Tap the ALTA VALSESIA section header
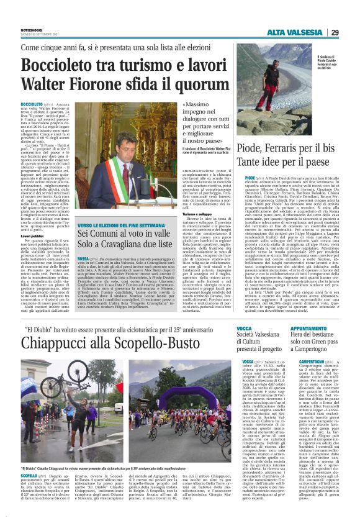(x=301, y=32)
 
